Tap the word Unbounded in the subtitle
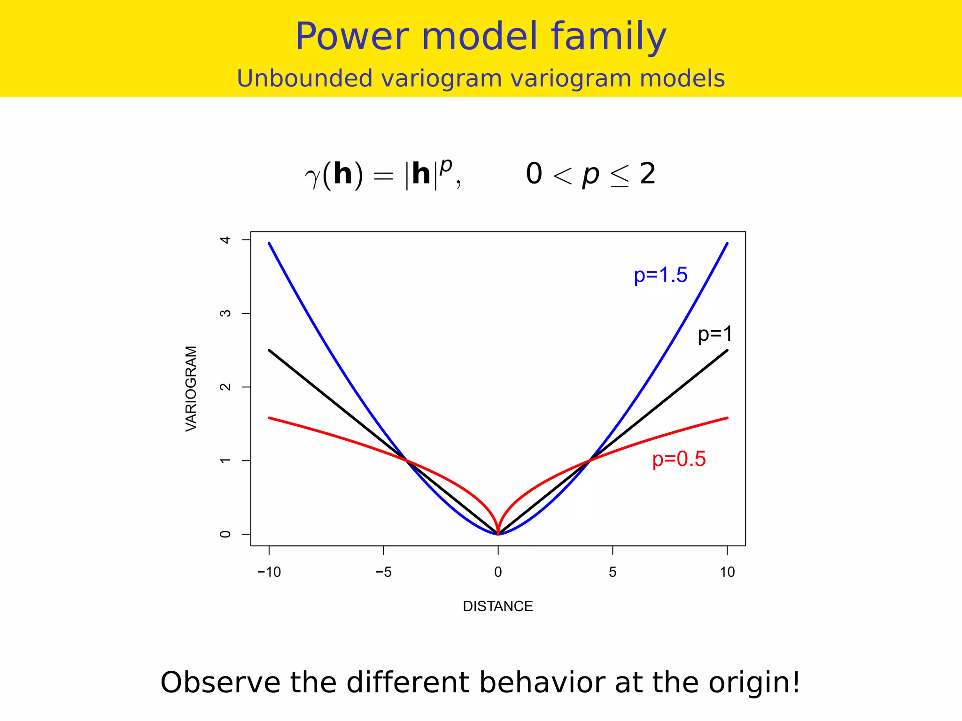point(305,78)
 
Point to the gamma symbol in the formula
point(312,177)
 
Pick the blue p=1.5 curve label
point(660,275)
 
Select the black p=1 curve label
point(714,334)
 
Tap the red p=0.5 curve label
point(679,459)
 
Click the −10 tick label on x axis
point(269,572)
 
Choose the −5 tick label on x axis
point(383,572)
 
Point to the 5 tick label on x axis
point(613,572)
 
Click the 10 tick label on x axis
point(727,572)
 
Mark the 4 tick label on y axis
point(225,240)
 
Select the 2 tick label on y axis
point(225,387)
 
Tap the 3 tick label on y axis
point(225,313)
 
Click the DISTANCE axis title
point(498,606)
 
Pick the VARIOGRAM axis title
point(191,388)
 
